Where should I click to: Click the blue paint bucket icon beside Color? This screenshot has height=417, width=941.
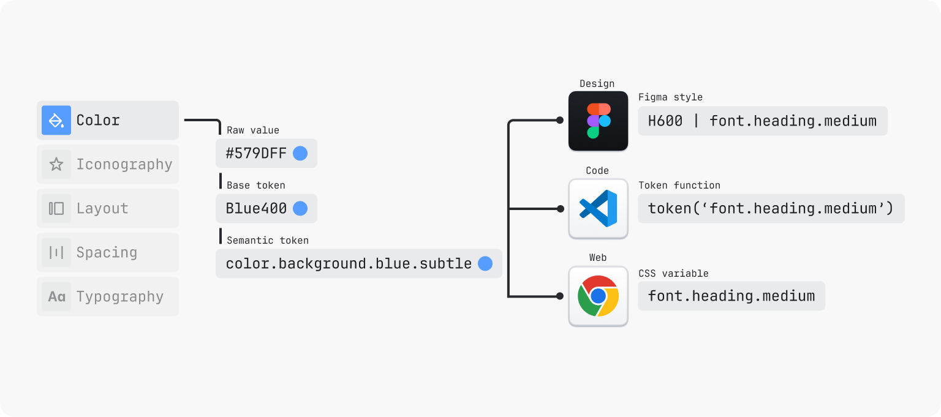click(56, 120)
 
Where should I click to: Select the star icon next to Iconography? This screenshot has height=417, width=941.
click(56, 164)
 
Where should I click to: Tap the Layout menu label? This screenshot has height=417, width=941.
click(102, 208)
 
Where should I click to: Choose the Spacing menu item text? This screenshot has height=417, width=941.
click(107, 252)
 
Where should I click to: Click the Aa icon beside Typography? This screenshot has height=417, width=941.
click(56, 296)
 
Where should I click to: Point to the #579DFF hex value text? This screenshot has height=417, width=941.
click(256, 153)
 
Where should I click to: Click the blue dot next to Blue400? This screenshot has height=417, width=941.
click(300, 208)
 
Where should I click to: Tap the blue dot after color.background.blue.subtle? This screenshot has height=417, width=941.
click(485, 263)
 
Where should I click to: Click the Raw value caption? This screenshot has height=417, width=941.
click(253, 130)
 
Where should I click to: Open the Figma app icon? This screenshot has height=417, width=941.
click(598, 121)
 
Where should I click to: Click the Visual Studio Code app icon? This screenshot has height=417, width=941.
click(598, 208)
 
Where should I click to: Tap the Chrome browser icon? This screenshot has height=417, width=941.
click(598, 296)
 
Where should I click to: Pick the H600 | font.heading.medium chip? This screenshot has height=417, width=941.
click(762, 121)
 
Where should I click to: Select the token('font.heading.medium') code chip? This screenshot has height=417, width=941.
click(771, 208)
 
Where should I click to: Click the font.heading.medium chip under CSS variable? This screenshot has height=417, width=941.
click(731, 296)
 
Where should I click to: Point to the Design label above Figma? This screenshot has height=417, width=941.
click(597, 84)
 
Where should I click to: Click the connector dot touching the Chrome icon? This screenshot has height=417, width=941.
click(560, 296)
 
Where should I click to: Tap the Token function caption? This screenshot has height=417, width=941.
click(679, 185)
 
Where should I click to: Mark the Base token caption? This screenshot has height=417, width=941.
click(256, 186)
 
